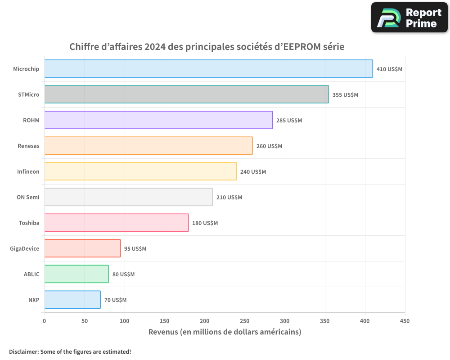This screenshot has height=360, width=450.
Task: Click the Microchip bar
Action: pyautogui.click(x=208, y=69)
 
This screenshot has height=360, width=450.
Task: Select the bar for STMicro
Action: pyautogui.click(x=186, y=94)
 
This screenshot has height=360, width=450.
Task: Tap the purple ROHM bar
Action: pyautogui.click(x=158, y=120)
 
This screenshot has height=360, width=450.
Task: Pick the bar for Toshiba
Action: pyautogui.click(x=117, y=223)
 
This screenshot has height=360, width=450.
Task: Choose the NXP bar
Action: pyautogui.click(x=72, y=300)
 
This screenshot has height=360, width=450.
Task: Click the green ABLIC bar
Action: pyautogui.click(x=76, y=274)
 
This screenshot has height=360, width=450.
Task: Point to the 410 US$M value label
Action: pyautogui.click(x=389, y=69)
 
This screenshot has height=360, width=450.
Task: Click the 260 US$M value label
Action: pyautogui.click(x=269, y=146)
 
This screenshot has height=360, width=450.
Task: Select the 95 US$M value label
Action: pyautogui.click(x=135, y=249)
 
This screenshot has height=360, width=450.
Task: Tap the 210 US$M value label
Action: pyautogui.click(x=229, y=198)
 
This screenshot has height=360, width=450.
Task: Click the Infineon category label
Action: pyautogui.click(x=28, y=172)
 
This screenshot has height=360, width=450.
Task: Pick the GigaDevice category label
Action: pyautogui.click(x=24, y=249)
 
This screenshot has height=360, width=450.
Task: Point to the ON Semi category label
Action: pyautogui.click(x=28, y=198)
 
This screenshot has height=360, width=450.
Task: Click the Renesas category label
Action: pyautogui.click(x=28, y=146)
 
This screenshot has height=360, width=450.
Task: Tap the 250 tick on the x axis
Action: pyautogui.click(x=245, y=321)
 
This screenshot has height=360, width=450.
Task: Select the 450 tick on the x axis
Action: pyautogui.click(x=405, y=321)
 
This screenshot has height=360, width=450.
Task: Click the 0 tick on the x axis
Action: pyautogui.click(x=45, y=321)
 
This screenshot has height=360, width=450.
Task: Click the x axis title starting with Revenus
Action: pyautogui.click(x=225, y=333)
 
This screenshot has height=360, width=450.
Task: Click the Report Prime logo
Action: pyautogui.click(x=409, y=18)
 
